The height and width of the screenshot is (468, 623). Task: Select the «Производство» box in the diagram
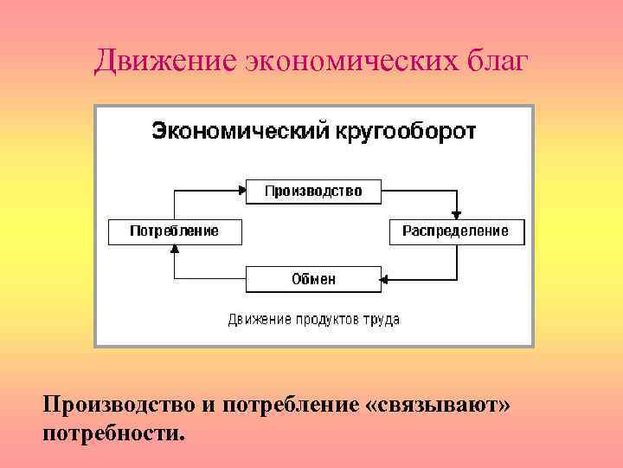313,191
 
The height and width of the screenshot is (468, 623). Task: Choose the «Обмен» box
313,279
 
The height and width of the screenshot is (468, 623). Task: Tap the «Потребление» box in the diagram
175,232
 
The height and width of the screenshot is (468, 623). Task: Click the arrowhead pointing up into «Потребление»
175,249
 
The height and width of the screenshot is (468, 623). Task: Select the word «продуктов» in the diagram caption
324,320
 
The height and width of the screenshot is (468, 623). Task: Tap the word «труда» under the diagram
382,320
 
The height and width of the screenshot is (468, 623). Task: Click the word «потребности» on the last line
112,431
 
